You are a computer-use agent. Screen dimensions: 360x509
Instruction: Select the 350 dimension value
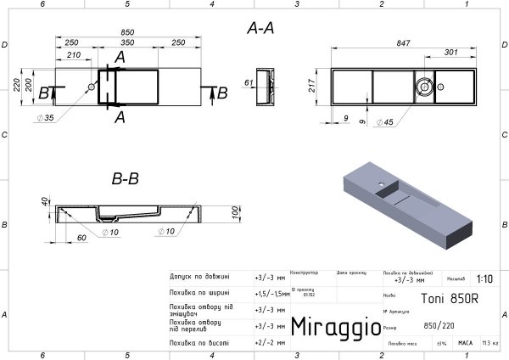(x=126, y=42)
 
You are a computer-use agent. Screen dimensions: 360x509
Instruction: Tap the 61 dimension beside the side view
(x=249, y=82)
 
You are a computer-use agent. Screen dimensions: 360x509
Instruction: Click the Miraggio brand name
(x=330, y=327)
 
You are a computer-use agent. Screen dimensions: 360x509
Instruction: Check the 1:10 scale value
(x=485, y=278)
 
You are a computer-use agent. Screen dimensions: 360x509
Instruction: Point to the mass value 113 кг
(x=489, y=343)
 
